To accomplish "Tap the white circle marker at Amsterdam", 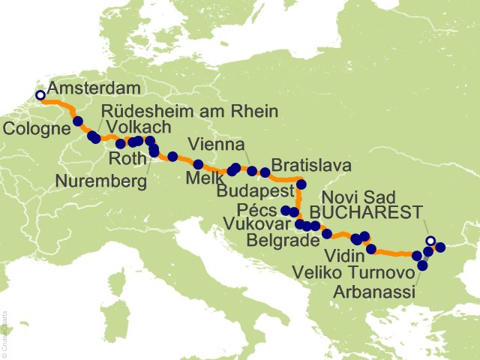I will pyautogui.click(x=40, y=95).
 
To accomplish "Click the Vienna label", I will pyautogui.click(x=216, y=144).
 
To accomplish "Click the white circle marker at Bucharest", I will pyautogui.click(x=430, y=241).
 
